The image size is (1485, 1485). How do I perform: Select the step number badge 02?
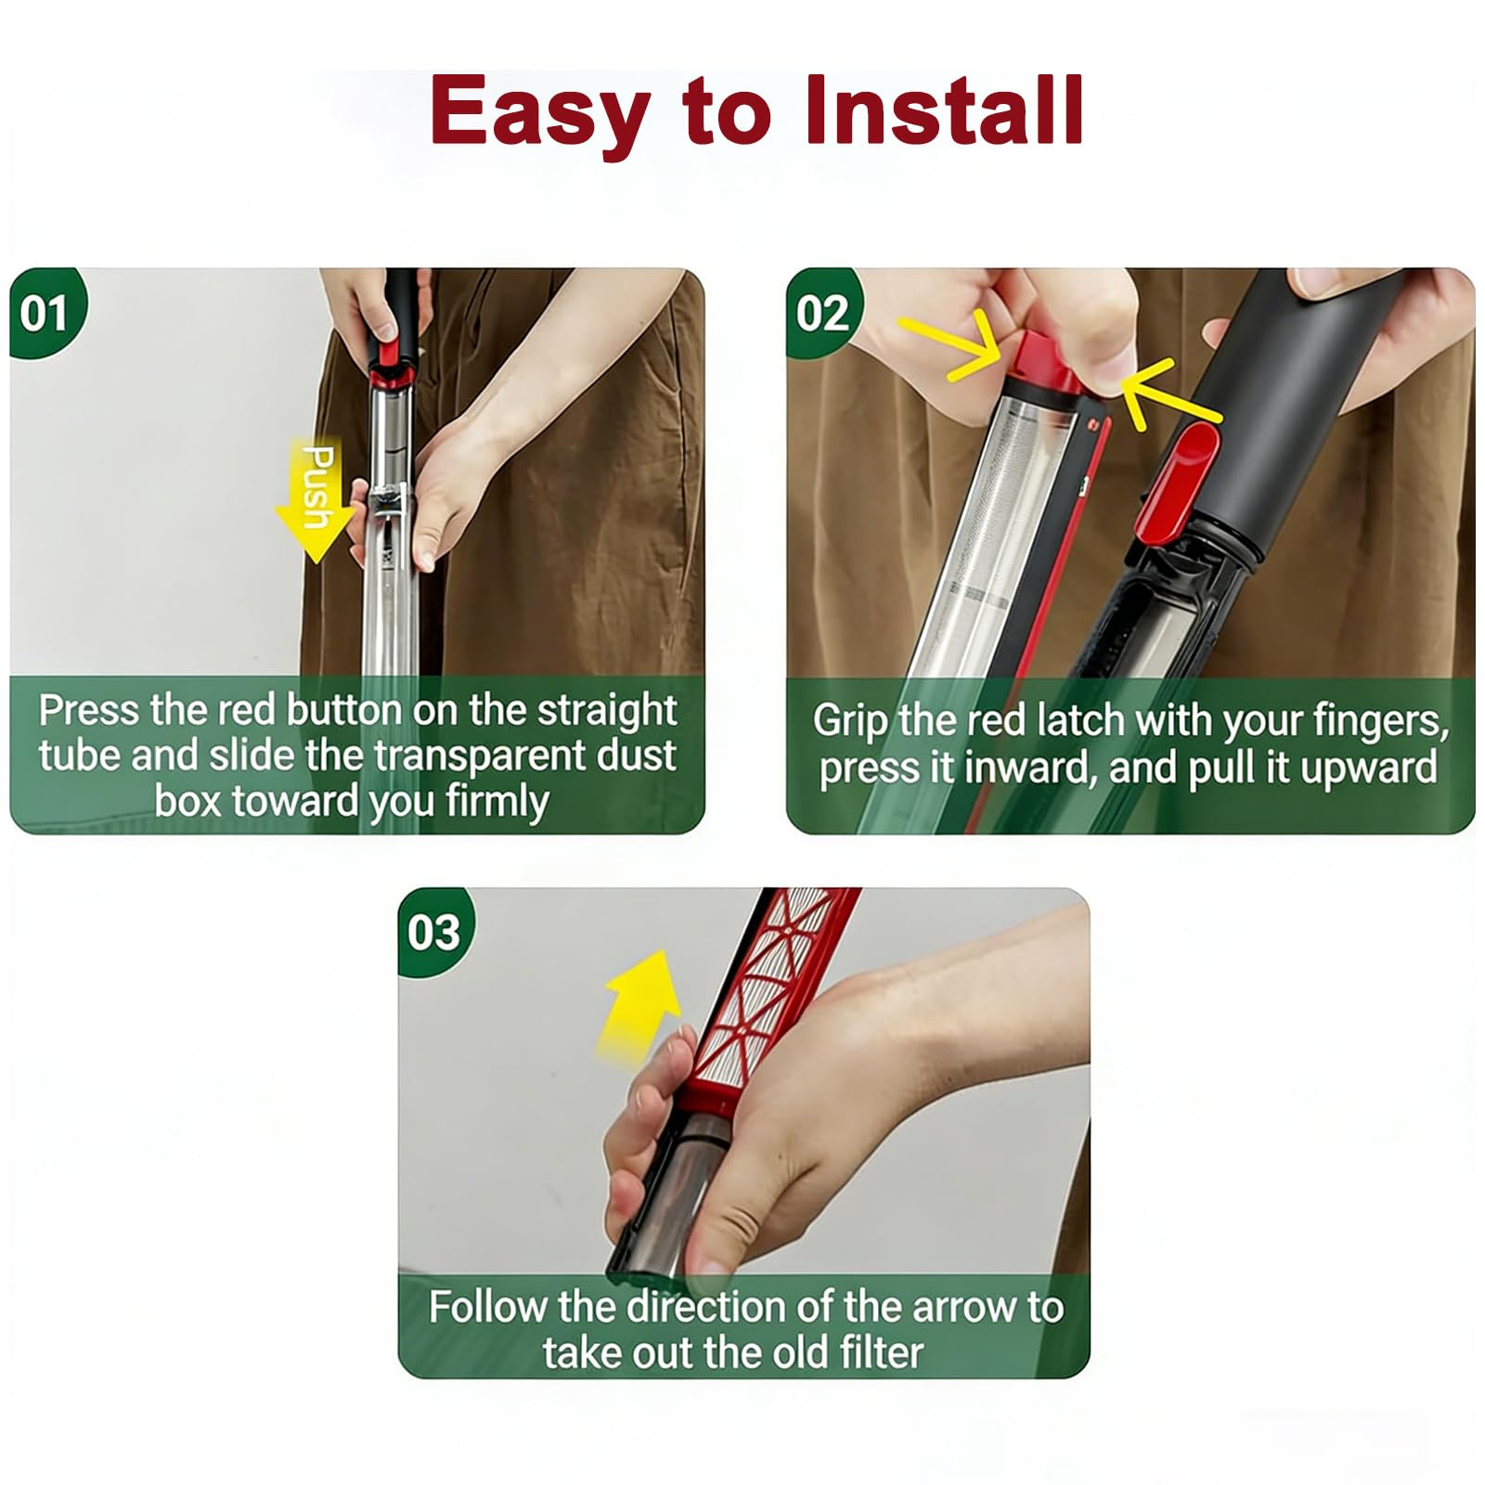click(821, 313)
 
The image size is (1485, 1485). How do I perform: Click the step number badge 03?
click(433, 932)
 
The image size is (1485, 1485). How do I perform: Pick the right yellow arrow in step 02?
click(1169, 394)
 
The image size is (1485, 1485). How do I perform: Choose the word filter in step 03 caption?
click(880, 1351)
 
